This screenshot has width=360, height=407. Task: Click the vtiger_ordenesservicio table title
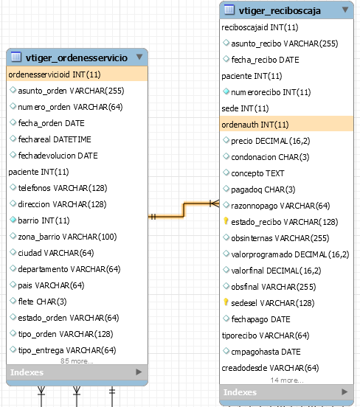[77, 58]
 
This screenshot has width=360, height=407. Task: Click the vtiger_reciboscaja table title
[280, 11]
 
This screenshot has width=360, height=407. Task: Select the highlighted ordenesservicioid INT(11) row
[77, 74]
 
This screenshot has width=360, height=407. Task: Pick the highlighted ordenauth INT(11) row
[286, 125]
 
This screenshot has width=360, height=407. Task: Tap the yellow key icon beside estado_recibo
[226, 221]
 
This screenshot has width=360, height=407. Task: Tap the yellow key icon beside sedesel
[226, 302]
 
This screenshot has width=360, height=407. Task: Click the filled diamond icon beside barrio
[13, 220]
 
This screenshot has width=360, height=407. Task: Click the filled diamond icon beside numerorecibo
[226, 91]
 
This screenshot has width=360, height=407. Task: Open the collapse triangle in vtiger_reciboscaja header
[345, 10]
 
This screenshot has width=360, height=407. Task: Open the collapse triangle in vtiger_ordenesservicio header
[139, 57]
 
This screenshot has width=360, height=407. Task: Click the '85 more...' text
[77, 361]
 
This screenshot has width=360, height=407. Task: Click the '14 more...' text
[287, 380]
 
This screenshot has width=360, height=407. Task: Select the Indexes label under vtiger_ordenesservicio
[27, 372]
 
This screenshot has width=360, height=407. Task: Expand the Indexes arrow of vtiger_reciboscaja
[345, 392]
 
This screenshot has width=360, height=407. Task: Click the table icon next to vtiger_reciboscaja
[229, 10]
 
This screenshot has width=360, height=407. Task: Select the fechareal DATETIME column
[55, 139]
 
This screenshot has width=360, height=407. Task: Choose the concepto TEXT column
[257, 173]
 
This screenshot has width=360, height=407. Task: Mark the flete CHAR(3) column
[42, 302]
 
